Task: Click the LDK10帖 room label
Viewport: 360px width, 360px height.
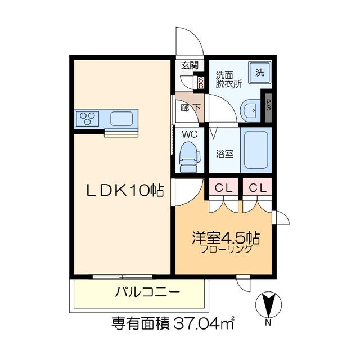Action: (x=125, y=190)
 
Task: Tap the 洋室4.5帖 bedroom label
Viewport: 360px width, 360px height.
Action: (x=226, y=238)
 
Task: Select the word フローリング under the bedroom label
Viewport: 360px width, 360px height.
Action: (x=226, y=249)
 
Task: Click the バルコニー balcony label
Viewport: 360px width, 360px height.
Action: (x=147, y=292)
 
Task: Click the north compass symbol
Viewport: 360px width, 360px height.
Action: (x=268, y=305)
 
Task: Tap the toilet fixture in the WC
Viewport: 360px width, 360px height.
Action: (x=190, y=157)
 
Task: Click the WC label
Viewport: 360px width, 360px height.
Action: (x=190, y=134)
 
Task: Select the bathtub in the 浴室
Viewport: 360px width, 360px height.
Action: (x=256, y=150)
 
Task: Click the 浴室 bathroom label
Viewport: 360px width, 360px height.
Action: (x=225, y=154)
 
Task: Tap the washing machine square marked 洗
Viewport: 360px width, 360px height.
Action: (x=260, y=73)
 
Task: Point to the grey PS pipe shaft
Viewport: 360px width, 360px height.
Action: (x=268, y=107)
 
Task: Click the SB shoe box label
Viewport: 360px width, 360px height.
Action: (x=201, y=83)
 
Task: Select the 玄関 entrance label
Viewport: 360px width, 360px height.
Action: (x=190, y=66)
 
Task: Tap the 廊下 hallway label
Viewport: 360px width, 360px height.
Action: (x=190, y=107)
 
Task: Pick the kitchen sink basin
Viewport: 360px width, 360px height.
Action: (x=121, y=119)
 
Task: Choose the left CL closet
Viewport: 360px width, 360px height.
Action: (x=223, y=188)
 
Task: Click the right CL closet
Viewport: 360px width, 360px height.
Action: (x=258, y=188)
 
